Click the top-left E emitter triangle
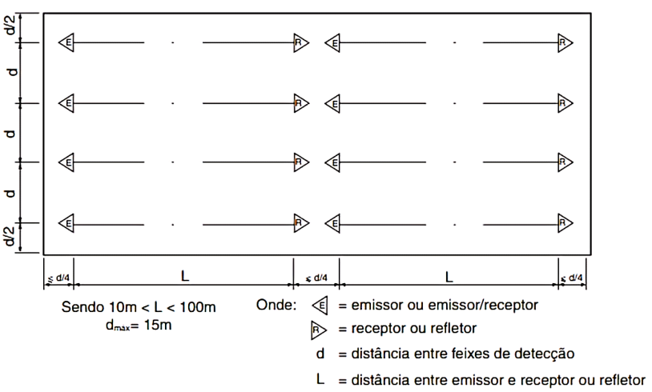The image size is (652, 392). tap(66, 42)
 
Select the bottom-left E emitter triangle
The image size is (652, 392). tap(66, 223)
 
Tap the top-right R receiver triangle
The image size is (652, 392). tap(565, 42)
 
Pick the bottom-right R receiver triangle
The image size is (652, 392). tap(565, 223)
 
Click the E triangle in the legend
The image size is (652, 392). tap(320, 306)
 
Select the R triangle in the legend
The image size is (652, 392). tap(319, 330)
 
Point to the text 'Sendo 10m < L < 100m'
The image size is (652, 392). tap(139, 307)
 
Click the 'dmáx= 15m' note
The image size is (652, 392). tap(139, 325)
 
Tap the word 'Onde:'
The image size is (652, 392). tap(276, 305)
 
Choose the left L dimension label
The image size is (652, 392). tap(185, 276)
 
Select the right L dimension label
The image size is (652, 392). tap(449, 277)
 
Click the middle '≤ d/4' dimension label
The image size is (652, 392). tap(316, 278)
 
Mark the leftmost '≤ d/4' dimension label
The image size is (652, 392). tap(58, 278)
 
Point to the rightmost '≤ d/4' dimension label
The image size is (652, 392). tap(572, 278)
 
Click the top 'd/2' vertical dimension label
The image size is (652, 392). tap(11, 26)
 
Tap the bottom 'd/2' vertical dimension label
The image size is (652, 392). tap(11, 236)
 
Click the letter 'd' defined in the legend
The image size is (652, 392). tap(320, 354)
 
